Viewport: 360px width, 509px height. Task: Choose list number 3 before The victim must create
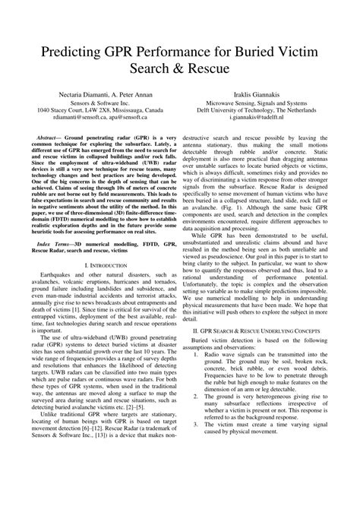(195, 489)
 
